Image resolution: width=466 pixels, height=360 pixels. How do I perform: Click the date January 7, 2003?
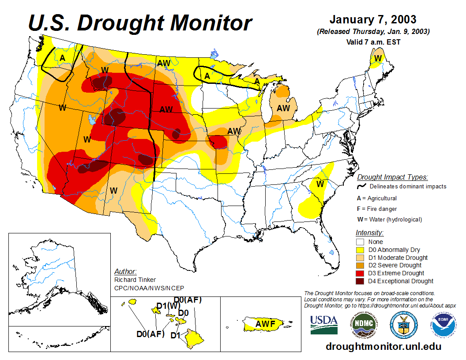[x=373, y=20]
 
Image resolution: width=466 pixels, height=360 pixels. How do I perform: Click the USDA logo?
[x=324, y=325]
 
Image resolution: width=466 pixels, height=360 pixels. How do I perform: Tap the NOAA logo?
[x=442, y=326]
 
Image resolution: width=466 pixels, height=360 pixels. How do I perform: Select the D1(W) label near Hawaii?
[x=168, y=306]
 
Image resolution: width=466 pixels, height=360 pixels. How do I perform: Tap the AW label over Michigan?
[x=283, y=108]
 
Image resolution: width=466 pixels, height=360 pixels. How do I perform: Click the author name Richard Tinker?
[x=135, y=280]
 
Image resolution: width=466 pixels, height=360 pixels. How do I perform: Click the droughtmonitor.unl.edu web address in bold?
[x=383, y=346]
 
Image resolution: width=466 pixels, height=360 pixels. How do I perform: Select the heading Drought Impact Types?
[x=392, y=177]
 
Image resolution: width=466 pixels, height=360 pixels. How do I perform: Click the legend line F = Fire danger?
[x=377, y=209]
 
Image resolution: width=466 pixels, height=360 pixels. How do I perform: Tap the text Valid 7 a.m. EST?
[x=373, y=42]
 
